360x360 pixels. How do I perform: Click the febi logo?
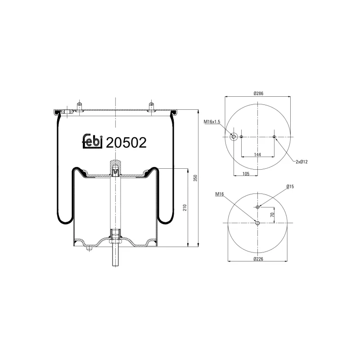(x=93, y=141)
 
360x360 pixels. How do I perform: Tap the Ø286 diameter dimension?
(x=258, y=93)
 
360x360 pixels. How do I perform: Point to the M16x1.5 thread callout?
(x=212, y=121)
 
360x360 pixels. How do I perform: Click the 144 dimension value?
(x=257, y=154)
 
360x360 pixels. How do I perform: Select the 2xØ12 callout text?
(x=305, y=161)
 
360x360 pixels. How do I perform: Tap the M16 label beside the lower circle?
(x=220, y=194)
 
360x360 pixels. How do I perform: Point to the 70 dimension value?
(x=272, y=215)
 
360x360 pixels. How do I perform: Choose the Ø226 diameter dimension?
(x=258, y=259)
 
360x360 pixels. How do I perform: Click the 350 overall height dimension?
(x=195, y=178)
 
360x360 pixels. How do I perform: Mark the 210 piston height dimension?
(x=184, y=207)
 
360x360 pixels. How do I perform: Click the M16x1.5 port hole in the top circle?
(x=234, y=136)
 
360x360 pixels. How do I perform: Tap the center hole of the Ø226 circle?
(x=257, y=223)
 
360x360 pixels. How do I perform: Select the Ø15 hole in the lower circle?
(x=257, y=207)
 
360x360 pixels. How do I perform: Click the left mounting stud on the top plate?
(x=79, y=105)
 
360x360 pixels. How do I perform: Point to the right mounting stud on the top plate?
(x=151, y=105)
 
